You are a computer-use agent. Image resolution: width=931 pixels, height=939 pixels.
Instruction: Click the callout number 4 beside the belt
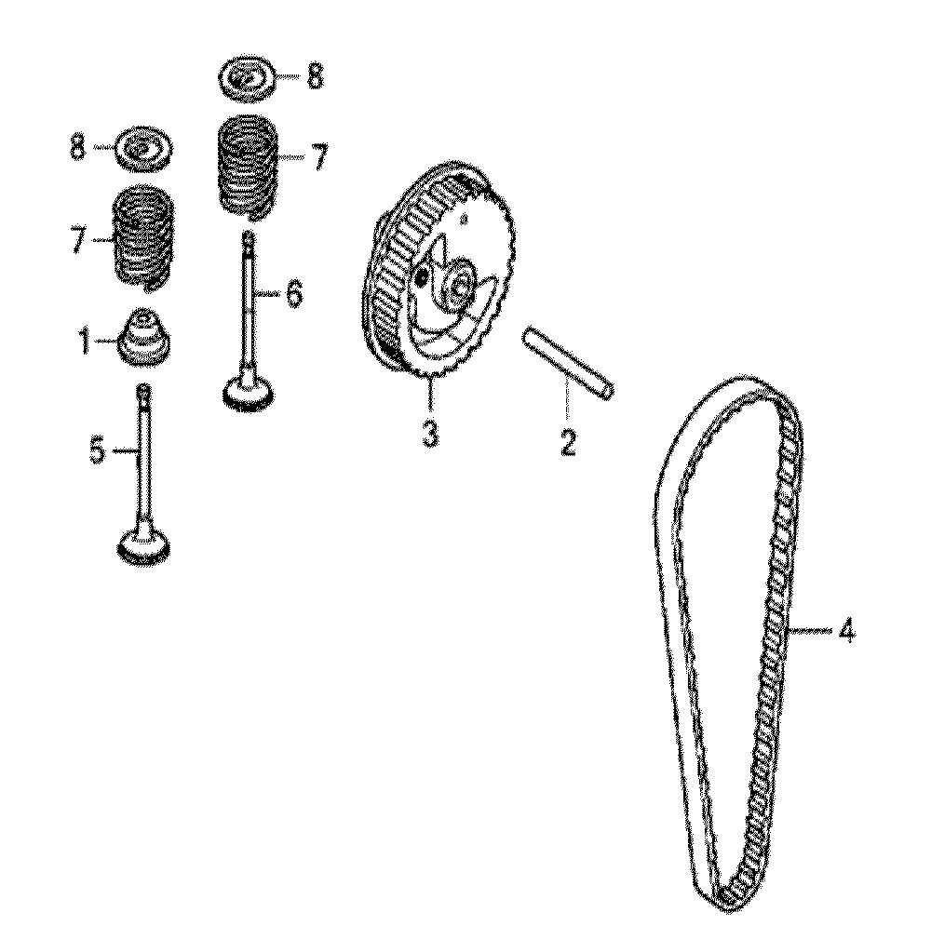pos(844,632)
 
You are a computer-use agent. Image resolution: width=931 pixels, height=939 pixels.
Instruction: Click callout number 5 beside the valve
pos(97,452)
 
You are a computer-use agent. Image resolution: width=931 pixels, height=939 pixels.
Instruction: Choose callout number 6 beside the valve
pos(293,295)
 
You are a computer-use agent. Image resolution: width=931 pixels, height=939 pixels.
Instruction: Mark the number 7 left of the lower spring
pos(77,240)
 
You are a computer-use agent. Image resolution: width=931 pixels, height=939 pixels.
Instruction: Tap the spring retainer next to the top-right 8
pos(248,79)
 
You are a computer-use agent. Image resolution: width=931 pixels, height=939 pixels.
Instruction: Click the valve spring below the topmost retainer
pos(249,164)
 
